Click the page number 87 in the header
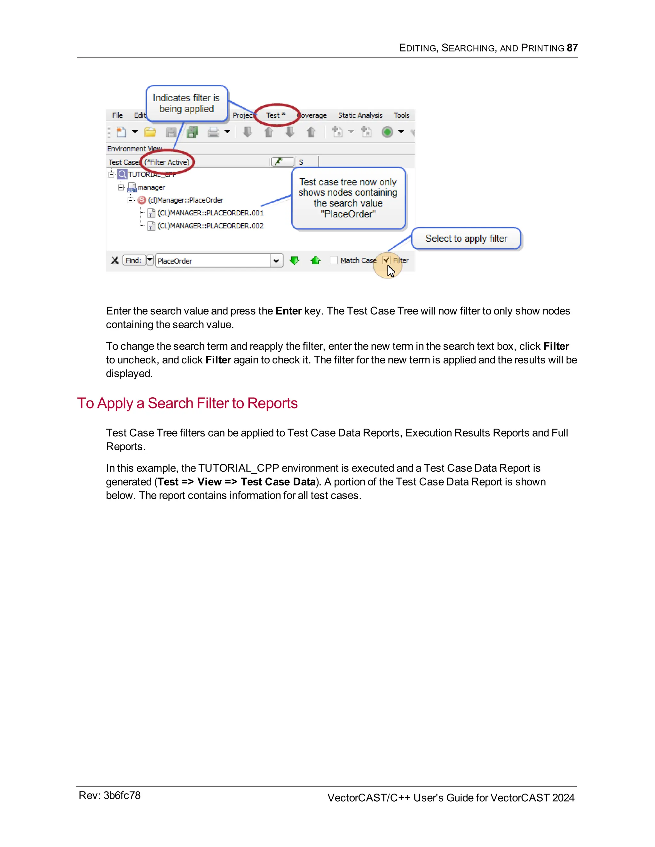572,48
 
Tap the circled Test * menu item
275,115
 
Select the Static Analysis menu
360,115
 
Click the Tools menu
401,115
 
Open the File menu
117,115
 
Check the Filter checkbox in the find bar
386,260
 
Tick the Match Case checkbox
334,260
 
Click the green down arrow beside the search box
295,260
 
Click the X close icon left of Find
114,260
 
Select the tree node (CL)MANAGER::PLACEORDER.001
210,213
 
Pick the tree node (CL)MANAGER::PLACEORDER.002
210,226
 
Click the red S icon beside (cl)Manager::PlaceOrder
142,200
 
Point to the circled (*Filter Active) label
167,162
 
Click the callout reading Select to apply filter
466,238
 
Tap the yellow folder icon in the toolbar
150,132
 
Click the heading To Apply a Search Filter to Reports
187,403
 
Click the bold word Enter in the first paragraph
288,311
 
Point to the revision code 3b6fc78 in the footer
122,796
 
